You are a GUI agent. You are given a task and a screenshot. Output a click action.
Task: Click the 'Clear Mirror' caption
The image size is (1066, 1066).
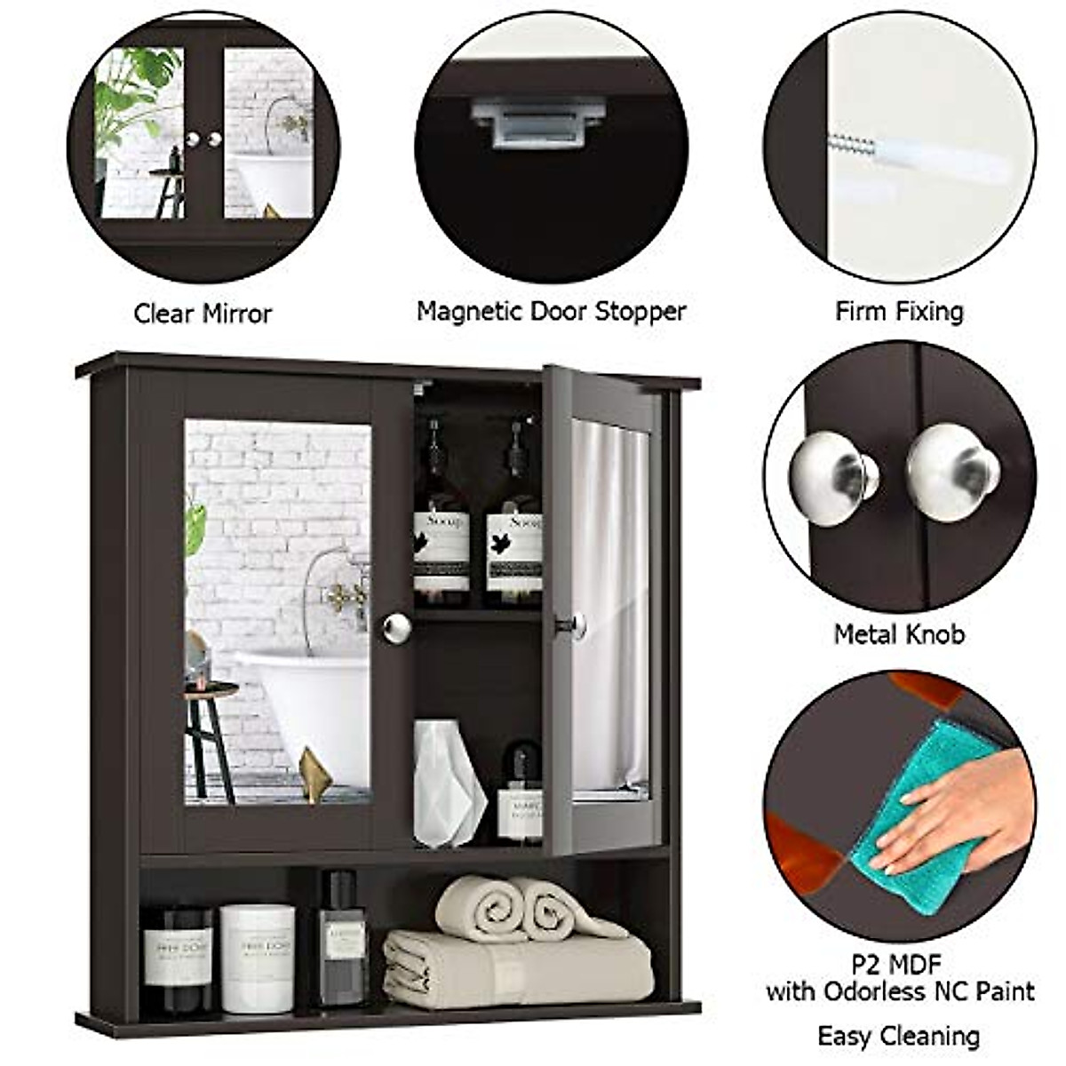(203, 314)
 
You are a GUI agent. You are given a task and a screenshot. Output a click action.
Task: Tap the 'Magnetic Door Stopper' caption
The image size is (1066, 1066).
(551, 312)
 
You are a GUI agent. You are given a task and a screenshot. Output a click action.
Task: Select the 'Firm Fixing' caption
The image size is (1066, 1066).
(899, 312)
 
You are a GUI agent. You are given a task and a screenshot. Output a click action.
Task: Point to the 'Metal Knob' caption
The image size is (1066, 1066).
(899, 634)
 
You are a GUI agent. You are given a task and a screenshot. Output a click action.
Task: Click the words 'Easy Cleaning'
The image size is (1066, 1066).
(899, 1036)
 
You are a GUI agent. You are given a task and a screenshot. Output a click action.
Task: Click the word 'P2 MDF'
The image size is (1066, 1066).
(899, 962)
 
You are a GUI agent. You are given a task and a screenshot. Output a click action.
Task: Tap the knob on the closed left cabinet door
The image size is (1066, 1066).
(396, 627)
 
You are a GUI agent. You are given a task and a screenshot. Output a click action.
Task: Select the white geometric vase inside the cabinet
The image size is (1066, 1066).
(449, 782)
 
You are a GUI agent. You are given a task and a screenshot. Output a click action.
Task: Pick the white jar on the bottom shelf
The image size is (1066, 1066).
(258, 958)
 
